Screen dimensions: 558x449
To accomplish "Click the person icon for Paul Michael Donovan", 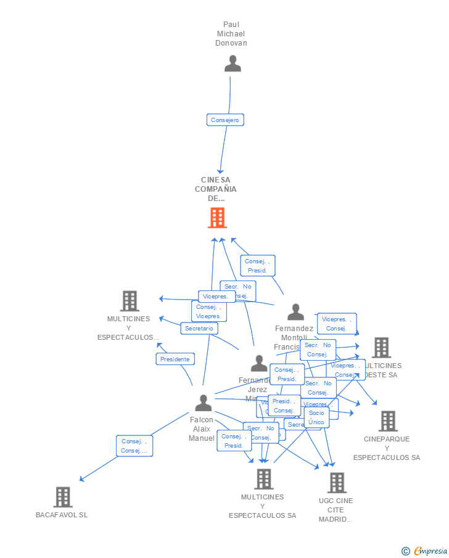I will tap(233, 64).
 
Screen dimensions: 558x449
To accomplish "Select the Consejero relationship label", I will tap(225, 120).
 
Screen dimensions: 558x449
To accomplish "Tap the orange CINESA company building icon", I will tap(217, 218).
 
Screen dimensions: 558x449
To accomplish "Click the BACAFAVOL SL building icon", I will tap(62, 497).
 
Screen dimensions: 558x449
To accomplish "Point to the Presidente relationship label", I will tap(175, 359).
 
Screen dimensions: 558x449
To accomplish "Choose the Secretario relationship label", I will tap(199, 329).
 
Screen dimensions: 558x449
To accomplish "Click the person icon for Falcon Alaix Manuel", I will tap(203, 403).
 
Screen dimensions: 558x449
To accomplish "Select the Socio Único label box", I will tap(316, 417).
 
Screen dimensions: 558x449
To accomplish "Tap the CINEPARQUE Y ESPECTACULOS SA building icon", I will tap(387, 421).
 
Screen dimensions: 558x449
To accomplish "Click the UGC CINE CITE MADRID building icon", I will tap(336, 483).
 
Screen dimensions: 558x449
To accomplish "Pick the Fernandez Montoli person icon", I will tap(295, 312).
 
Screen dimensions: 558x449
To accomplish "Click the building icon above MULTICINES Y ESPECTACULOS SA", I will tap(263, 478).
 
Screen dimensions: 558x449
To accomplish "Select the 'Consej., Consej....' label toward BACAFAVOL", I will tap(134, 446).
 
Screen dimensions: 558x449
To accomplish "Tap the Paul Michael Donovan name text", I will tap(231, 34).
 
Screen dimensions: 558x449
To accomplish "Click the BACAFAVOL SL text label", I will tap(62, 515).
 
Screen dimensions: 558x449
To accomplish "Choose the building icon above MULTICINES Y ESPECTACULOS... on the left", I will tap(129, 301).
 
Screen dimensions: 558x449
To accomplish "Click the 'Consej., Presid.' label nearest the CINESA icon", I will tap(258, 266).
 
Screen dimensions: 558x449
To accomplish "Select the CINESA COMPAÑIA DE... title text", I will tap(216, 189).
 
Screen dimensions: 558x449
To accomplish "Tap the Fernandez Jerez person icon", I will tap(259, 363).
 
